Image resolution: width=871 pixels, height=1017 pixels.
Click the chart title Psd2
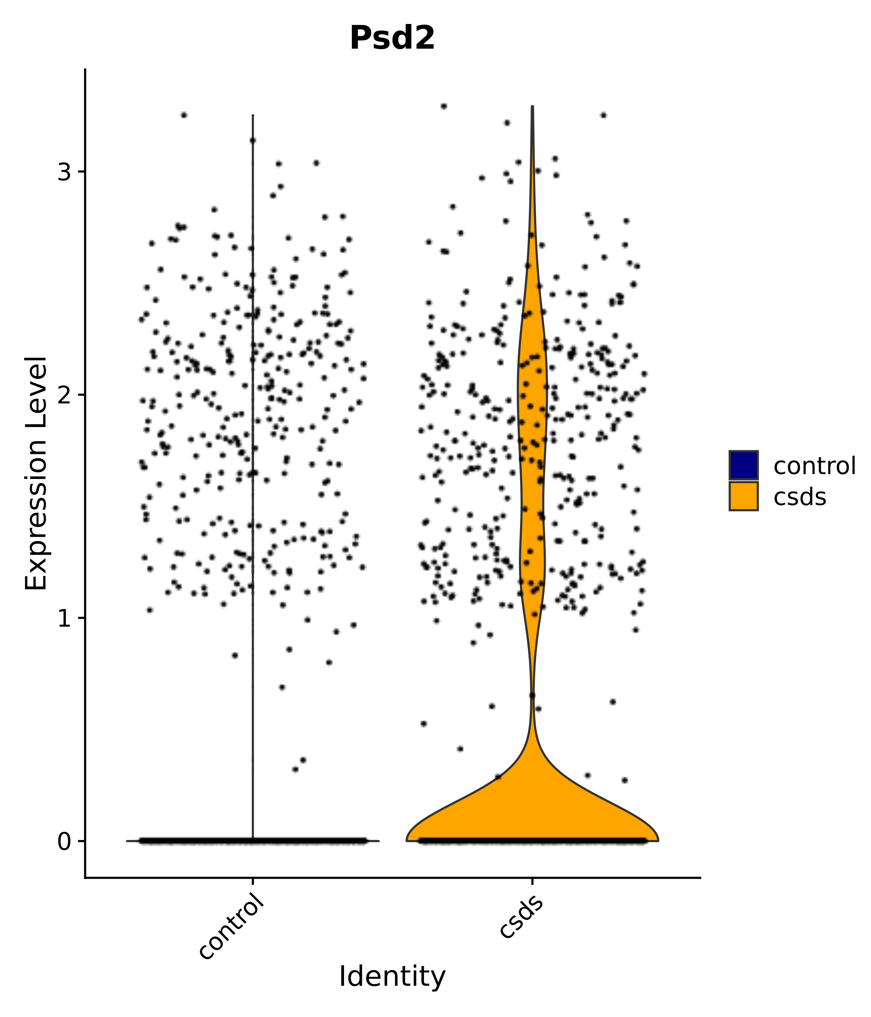tap(392, 38)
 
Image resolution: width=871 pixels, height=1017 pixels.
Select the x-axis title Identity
tap(392, 976)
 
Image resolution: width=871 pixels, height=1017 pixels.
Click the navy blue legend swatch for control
tap(743, 465)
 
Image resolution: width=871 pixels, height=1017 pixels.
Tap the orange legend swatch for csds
tap(743, 496)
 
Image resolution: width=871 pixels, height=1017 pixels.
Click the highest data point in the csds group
tap(444, 106)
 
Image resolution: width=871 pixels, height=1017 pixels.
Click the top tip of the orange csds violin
tap(532, 107)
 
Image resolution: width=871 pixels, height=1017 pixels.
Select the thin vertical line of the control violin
tap(253, 442)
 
